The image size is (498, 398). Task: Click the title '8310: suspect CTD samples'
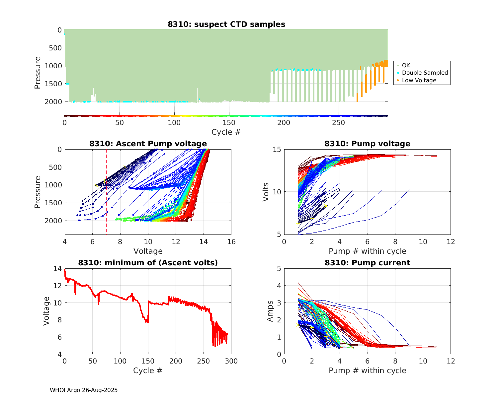coord(226,24)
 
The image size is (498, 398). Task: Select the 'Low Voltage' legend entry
coord(419,80)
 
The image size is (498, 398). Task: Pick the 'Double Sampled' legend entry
coord(425,73)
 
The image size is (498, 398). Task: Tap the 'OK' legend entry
coord(406,65)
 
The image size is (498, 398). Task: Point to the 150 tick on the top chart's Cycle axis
coord(229,123)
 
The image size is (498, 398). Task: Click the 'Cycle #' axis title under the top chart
coord(226,132)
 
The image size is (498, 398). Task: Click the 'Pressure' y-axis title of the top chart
coord(38,73)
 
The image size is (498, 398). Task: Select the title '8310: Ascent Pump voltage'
coord(148,144)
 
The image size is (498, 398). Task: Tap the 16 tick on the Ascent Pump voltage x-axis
coord(231,242)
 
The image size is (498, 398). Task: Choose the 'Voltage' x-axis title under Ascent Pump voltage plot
coord(148,251)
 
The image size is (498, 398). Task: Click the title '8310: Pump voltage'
coord(367,144)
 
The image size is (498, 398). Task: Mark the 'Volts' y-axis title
coord(266,192)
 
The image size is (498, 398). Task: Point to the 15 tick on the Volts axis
coord(277,150)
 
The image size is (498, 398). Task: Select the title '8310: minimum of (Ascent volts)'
coord(148,263)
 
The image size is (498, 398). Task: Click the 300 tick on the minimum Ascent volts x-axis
coord(231,361)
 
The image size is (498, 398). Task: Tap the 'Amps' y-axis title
coord(270,311)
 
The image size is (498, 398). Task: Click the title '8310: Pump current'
coord(367,263)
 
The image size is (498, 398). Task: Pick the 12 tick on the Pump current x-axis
coord(451,361)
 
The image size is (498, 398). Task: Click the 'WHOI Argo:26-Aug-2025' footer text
coord(84,390)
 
